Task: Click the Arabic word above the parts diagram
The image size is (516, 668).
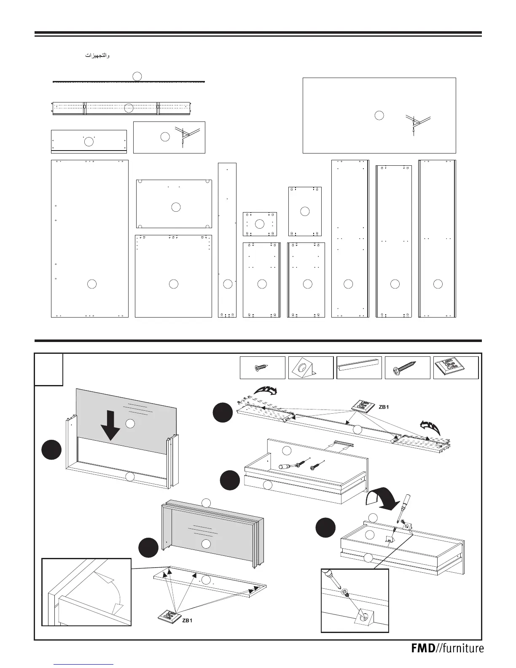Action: pyautogui.click(x=98, y=56)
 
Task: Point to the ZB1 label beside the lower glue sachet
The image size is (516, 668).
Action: pyautogui.click(x=188, y=620)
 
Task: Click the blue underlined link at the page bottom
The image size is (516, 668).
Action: pyautogui.click(x=84, y=664)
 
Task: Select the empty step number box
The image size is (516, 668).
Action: pyautogui.click(x=49, y=369)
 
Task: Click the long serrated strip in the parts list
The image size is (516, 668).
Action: pyautogui.click(x=129, y=81)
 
